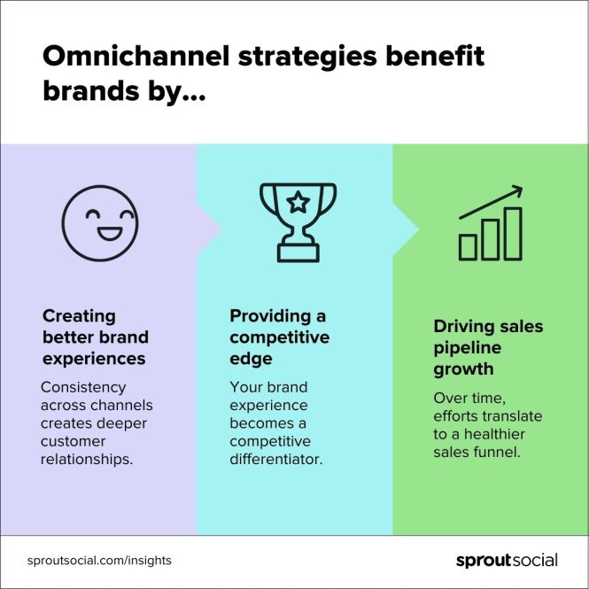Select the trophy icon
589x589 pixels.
[297, 221]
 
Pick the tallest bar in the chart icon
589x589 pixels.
[512, 234]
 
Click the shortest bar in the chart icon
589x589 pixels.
[468, 247]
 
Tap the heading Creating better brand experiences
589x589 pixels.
[95, 337]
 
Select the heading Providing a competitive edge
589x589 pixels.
[279, 337]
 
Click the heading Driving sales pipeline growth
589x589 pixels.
[487, 347]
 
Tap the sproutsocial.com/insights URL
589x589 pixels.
[99, 561]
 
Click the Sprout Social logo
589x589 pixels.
[506, 560]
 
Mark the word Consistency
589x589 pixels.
[83, 387]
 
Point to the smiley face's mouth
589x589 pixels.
[100, 234]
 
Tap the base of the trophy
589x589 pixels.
[297, 253]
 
